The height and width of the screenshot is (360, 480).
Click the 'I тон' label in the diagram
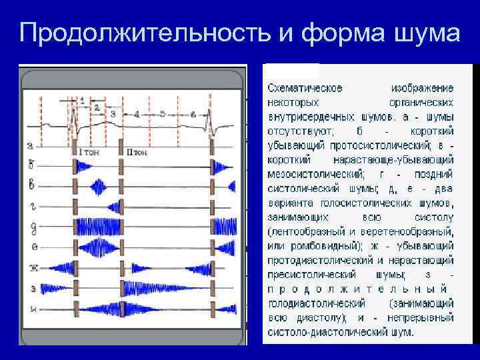(89, 152)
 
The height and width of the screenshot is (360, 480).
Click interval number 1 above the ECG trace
(82, 100)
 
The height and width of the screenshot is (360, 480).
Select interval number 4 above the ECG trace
(136, 115)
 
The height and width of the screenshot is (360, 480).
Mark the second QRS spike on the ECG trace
(212, 120)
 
